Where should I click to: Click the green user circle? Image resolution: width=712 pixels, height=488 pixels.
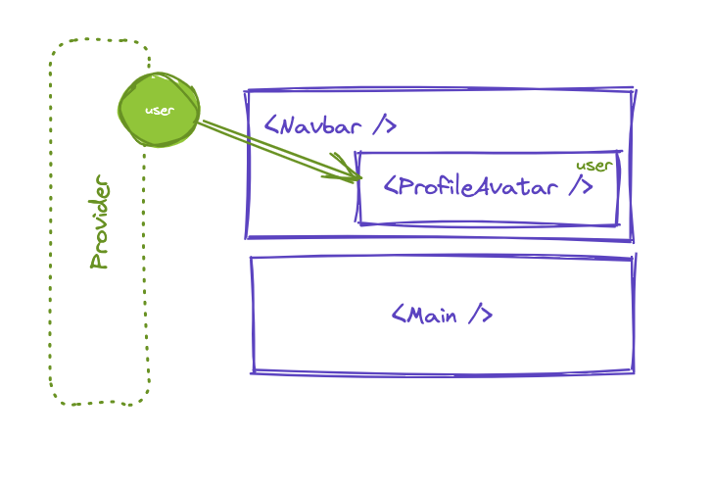coord(159,110)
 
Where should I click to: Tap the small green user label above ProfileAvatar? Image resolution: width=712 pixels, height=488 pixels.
coord(593,165)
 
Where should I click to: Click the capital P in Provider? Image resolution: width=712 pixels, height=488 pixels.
coord(99,261)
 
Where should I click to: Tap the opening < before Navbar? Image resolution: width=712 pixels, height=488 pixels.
coord(271,126)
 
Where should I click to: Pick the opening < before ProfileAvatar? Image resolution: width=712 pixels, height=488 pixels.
coord(389,186)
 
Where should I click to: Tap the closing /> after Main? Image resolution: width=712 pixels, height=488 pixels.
coord(478,316)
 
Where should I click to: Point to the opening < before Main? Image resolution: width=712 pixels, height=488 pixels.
coord(398,316)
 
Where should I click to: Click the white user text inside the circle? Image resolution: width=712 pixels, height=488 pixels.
coord(159,111)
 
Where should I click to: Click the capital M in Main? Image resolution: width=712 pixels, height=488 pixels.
coord(415,316)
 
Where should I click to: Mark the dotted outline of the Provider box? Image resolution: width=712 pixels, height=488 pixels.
coord(52,245)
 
